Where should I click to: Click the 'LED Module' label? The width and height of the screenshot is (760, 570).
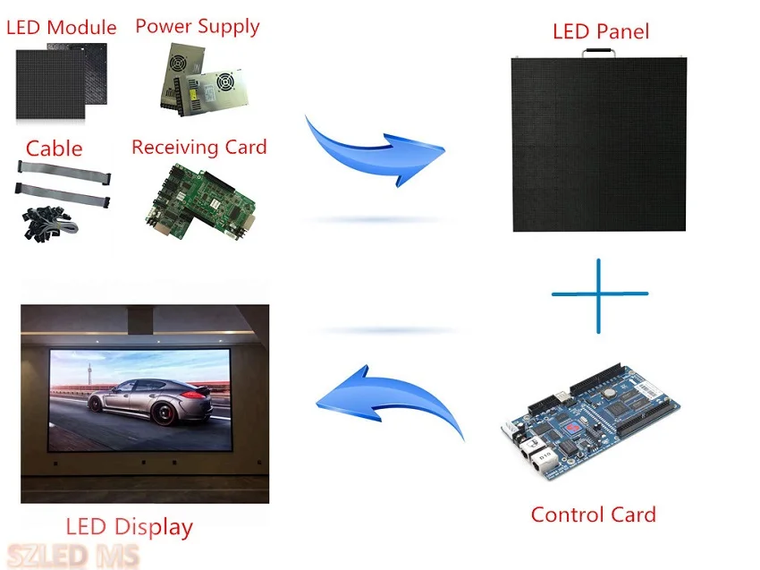pos(62,28)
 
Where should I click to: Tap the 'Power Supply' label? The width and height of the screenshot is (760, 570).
pos(198,26)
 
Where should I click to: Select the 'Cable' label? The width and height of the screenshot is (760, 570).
pos(54,149)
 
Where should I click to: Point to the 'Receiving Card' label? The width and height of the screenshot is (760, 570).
pos(198,147)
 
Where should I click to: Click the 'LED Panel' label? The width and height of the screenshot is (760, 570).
pos(600,32)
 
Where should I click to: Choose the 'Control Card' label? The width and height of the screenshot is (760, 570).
pos(593,515)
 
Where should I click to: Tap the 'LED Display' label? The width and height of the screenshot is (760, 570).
pos(129,526)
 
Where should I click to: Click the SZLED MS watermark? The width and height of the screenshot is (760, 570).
pos(73,556)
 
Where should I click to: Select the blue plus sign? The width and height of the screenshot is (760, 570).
pos(599,294)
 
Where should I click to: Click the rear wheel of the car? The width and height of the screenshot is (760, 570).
pos(165,412)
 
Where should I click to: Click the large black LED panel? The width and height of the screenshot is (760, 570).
pos(600,143)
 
